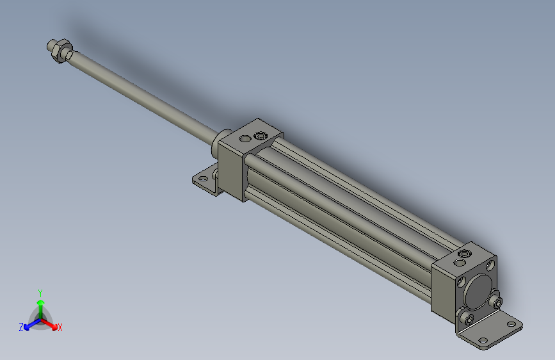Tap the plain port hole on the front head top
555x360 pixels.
tap(245, 138)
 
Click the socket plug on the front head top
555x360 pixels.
tap(260, 136)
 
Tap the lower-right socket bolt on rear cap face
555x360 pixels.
tap(496, 302)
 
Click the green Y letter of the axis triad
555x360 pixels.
tap(40, 292)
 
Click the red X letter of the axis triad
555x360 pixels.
tap(60, 327)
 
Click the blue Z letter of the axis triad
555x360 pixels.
tap(21, 327)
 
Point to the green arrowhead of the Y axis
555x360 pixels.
tap(40, 302)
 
